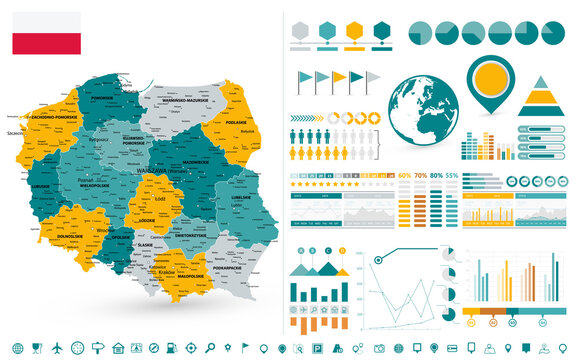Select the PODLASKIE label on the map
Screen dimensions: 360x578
238,123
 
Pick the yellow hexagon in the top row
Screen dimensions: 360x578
354,29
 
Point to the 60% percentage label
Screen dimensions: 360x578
405,176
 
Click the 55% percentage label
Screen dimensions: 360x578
452,176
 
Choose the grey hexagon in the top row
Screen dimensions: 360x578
300,29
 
